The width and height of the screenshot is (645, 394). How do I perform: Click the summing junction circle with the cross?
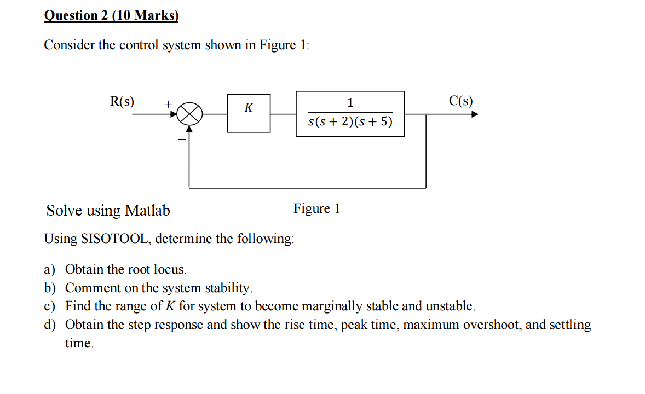[190, 114]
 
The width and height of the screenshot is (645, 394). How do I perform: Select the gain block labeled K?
[249, 113]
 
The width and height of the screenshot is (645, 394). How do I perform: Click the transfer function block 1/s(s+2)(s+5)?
[350, 114]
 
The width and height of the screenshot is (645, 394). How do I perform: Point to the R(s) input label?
[123, 101]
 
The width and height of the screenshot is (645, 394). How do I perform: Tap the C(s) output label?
[460, 101]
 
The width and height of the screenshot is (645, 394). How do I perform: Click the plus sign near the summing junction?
[169, 103]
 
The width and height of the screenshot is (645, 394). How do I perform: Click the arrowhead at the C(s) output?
[475, 114]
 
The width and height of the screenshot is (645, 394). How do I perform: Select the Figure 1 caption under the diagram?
[316, 208]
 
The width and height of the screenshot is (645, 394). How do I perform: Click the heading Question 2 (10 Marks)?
[111, 15]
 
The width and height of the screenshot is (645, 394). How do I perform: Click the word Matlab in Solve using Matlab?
[147, 211]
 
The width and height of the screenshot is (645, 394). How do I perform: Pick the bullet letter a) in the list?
[50, 269]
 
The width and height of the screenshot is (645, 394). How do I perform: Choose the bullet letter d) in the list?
[50, 325]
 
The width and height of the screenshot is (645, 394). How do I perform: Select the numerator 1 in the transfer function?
[350, 102]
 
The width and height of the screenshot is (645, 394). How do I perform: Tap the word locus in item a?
[173, 269]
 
